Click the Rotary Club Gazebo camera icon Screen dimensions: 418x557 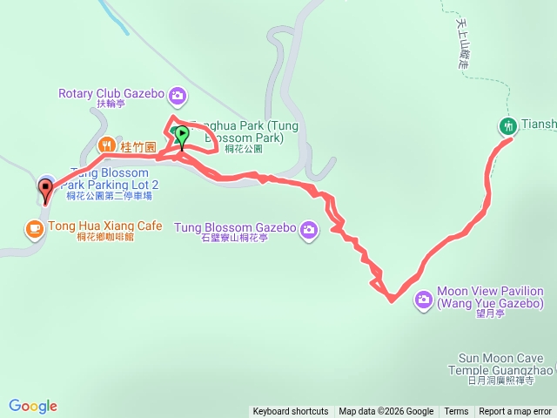click(178, 94)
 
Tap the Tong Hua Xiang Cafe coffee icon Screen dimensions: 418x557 click(34, 227)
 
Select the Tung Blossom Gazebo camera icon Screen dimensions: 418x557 click(309, 229)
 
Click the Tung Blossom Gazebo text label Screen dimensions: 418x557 click(234, 228)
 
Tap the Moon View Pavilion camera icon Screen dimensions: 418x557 click(424, 299)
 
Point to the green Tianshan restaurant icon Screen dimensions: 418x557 click(508, 125)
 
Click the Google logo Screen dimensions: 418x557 click(33, 406)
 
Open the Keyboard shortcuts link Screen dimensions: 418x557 click(291, 412)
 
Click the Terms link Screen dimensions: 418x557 click(456, 412)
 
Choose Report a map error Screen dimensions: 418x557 click(516, 412)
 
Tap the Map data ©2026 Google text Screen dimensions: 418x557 click(386, 412)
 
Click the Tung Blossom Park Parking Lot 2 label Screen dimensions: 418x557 click(114, 179)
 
